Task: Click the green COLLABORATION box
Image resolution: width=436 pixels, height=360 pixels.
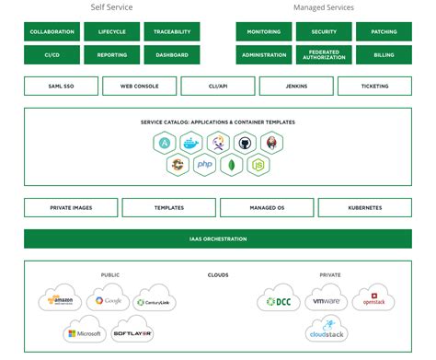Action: point(52,31)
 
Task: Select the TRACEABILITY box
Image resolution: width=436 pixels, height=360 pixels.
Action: point(171,31)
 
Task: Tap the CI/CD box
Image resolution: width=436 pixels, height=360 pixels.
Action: point(52,55)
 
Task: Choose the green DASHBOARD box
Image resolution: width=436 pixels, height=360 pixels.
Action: point(171,55)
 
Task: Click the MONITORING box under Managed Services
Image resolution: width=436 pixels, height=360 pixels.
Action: point(264,31)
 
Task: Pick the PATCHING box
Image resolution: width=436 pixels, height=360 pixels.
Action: point(384,31)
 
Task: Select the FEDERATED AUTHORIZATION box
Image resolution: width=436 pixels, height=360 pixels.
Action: point(324,55)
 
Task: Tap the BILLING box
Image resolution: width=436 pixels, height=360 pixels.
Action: point(384,55)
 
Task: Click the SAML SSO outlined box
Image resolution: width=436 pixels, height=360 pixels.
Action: point(61,87)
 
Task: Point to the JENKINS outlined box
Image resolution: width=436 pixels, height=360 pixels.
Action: point(296,87)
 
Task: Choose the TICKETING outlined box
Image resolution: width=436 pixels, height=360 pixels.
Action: point(375,87)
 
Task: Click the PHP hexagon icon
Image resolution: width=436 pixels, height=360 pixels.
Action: point(204,165)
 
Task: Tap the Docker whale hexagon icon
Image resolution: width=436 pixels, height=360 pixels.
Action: point(190,143)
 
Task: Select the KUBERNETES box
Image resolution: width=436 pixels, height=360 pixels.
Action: point(365,208)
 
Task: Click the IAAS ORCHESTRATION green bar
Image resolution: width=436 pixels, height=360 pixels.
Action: point(218,239)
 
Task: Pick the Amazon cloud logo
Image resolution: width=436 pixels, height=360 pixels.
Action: point(61,301)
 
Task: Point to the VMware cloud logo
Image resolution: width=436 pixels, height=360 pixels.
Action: point(327,301)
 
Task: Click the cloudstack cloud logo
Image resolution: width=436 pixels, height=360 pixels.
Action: point(327,331)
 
